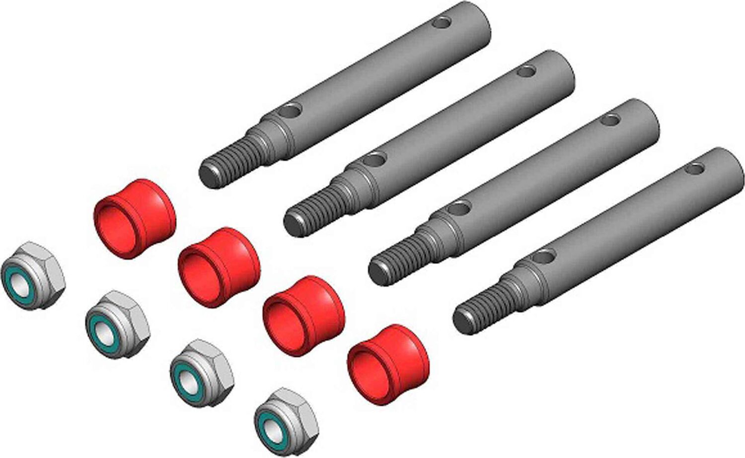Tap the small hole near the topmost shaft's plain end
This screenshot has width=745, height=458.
click(x=442, y=23)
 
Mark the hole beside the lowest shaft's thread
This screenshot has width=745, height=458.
click(x=543, y=257)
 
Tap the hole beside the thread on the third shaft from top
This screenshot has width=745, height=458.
click(x=460, y=208)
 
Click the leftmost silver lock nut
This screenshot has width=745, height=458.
click(x=33, y=275)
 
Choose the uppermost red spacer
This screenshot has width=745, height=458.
click(x=135, y=218)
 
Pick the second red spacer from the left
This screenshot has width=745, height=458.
click(x=219, y=267)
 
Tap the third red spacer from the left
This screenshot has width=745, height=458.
click(x=303, y=316)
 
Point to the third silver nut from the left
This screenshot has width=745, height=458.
click(x=202, y=372)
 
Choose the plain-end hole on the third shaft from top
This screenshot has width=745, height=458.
click(x=610, y=120)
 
